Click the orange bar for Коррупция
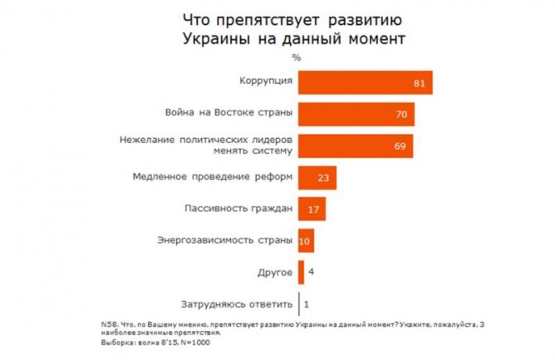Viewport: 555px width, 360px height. click(366, 82)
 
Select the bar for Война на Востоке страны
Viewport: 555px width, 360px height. click(356, 114)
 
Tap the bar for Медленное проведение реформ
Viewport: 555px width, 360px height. click(317, 178)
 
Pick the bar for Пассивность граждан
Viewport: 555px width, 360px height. click(312, 209)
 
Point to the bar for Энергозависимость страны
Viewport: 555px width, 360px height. click(306, 240)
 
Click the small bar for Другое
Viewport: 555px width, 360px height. click(301, 272)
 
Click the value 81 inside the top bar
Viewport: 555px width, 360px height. click(419, 84)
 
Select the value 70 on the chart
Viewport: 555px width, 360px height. click(401, 115)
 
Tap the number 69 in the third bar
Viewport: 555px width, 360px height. click(400, 146)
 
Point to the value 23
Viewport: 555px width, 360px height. click(323, 178)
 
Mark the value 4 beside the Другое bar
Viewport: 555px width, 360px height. click(311, 272)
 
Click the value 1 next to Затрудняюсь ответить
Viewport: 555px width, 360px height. click(307, 304)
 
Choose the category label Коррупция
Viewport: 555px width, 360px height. click(266, 81)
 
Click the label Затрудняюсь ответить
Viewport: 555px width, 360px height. click(237, 304)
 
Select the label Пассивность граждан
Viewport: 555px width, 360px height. click(238, 209)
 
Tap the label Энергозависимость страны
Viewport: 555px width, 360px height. click(225, 240)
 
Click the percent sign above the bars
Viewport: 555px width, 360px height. click(297, 57)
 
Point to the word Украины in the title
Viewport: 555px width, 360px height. click(217, 38)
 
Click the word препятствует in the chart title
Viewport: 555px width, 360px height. click(268, 21)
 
